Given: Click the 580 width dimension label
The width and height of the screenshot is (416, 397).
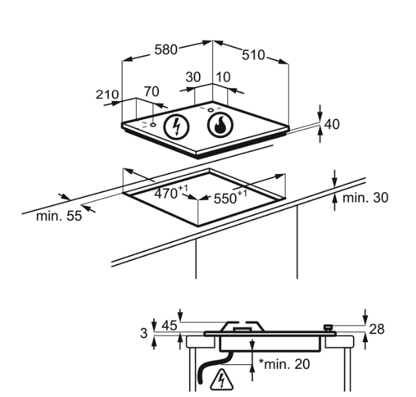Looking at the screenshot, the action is (166, 50).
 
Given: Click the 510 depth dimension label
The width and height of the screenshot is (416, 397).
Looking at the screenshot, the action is (253, 55).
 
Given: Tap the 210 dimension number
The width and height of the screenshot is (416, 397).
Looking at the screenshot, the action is (107, 94).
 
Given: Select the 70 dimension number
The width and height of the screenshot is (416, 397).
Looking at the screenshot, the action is (151, 92).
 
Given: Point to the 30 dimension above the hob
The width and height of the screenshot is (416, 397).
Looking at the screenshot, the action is (193, 77).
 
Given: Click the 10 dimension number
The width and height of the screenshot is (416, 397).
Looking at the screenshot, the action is (223, 77).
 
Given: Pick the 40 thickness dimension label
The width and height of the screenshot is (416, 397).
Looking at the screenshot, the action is (332, 124).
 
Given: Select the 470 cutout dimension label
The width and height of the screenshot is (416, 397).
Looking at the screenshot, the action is (171, 193).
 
